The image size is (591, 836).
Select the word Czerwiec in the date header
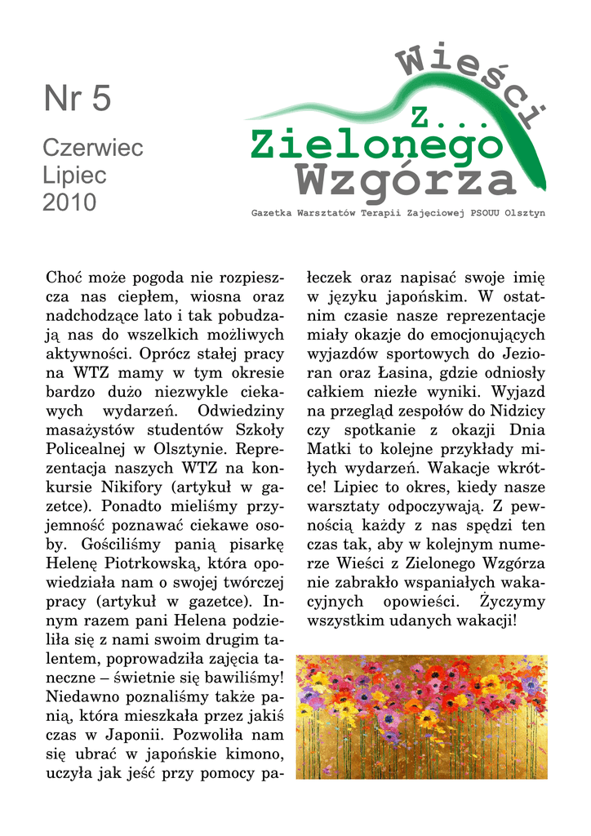tap(92, 149)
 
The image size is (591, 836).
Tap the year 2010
tap(69, 202)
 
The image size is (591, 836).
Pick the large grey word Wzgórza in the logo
tap(404, 180)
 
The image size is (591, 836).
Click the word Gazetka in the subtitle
tap(275, 213)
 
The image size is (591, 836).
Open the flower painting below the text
tap(421, 717)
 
